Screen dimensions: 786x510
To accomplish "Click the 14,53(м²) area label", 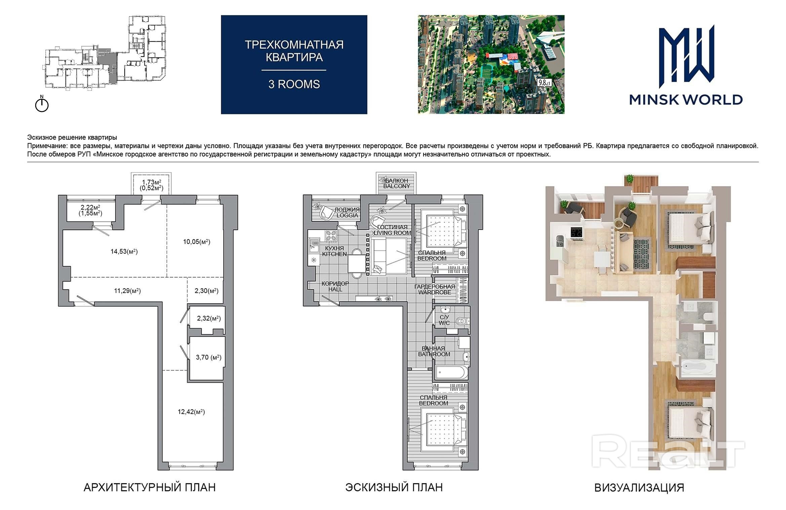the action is point(124,251).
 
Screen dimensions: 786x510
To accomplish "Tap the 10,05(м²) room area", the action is point(197,242).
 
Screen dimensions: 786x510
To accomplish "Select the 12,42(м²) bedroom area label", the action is point(191,412).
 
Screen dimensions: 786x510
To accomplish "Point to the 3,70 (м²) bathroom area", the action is point(208,357).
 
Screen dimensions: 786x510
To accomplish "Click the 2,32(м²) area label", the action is point(209,318).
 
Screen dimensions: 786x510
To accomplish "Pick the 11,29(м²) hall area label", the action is point(127,291).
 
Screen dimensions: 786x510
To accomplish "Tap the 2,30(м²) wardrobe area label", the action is point(206,291).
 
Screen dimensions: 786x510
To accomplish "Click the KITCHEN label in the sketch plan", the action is point(335,254).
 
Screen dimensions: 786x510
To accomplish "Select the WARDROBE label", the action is point(435,292).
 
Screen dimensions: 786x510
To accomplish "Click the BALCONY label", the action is point(397,186).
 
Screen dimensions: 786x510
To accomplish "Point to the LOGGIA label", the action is point(347,215).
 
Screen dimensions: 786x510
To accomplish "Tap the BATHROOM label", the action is point(434,354).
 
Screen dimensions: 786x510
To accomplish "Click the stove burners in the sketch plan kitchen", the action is point(331,235).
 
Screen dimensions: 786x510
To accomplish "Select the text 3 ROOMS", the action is point(294,84).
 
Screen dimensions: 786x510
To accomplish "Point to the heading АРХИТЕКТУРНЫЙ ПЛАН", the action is point(150,487).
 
